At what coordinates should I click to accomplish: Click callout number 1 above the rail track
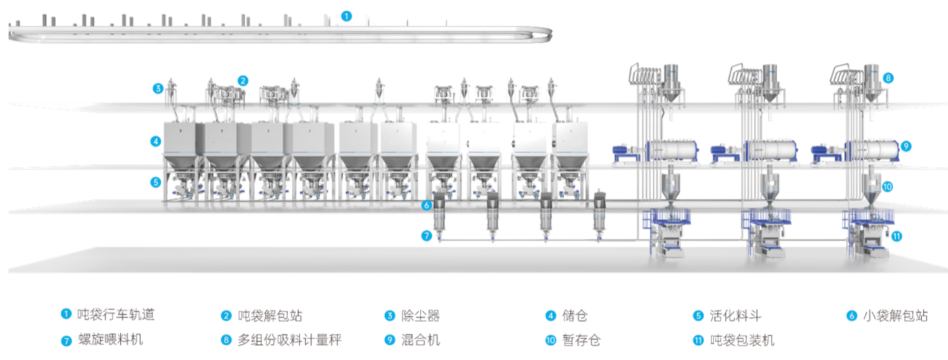(x=346, y=15)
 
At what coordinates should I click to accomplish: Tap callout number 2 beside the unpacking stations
(x=243, y=81)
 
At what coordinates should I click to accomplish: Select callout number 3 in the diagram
(x=158, y=88)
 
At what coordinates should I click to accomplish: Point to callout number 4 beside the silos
(x=156, y=141)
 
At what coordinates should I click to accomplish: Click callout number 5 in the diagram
(x=156, y=182)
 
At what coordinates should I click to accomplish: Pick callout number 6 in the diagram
(x=426, y=206)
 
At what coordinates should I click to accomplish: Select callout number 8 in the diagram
(x=888, y=78)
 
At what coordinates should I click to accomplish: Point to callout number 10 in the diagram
(x=888, y=187)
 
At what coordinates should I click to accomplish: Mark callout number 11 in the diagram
(x=896, y=236)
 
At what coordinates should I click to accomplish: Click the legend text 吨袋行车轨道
(x=115, y=315)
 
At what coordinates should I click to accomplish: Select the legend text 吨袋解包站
(x=270, y=315)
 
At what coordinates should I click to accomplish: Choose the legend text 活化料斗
(x=735, y=315)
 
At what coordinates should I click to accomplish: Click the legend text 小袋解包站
(x=896, y=315)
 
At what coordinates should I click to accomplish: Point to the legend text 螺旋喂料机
(x=110, y=340)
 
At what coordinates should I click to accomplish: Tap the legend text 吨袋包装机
(x=741, y=340)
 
